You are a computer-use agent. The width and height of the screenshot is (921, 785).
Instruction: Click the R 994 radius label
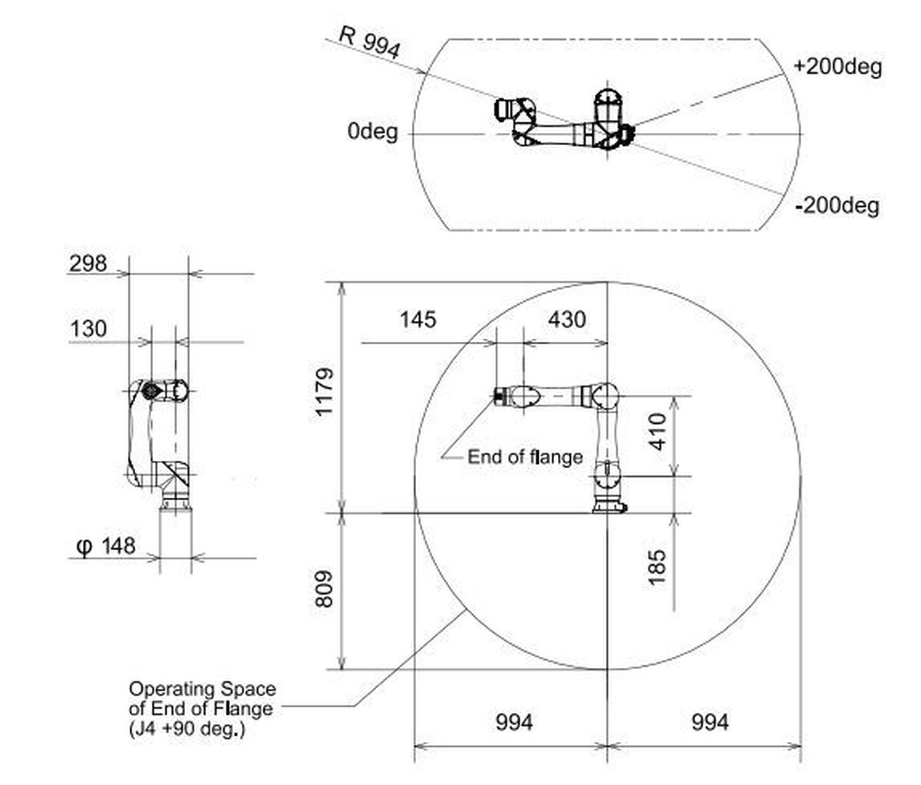369,43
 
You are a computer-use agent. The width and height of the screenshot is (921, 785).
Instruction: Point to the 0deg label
372,132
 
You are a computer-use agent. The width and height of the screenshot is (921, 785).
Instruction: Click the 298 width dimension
88,263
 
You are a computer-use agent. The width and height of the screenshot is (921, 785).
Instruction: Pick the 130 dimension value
88,330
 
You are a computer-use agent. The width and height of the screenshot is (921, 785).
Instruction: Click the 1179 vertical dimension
325,392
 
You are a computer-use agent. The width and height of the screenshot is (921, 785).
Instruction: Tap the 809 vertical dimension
325,589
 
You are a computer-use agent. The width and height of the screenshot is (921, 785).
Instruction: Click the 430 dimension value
566,319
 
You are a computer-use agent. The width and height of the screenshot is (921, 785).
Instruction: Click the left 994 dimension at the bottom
513,722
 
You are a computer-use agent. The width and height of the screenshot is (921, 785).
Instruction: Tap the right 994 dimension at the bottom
710,722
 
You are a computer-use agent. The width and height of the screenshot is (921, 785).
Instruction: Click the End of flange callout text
525,457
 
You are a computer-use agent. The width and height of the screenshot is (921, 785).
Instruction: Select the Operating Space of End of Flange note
201,708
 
